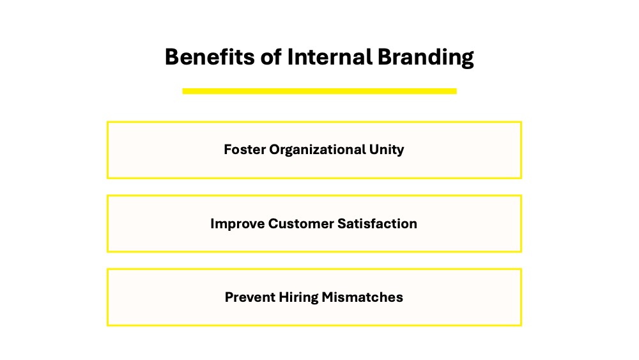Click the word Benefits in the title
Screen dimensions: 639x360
210,57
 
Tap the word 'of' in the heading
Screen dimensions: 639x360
271,57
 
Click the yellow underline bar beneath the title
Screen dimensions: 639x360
319,91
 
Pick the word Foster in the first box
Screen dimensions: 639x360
245,149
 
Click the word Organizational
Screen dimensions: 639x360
318,150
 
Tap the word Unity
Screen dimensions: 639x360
387,150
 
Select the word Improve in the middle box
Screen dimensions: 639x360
238,224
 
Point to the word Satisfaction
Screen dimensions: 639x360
378,223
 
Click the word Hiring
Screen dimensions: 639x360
298,298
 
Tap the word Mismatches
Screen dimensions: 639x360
362,297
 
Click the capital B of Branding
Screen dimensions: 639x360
384,57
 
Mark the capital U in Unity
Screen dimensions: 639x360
374,149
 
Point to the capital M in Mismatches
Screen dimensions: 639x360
328,297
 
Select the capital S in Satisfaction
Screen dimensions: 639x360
342,223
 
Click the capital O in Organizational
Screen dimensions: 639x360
275,149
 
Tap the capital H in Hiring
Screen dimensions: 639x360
284,297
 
